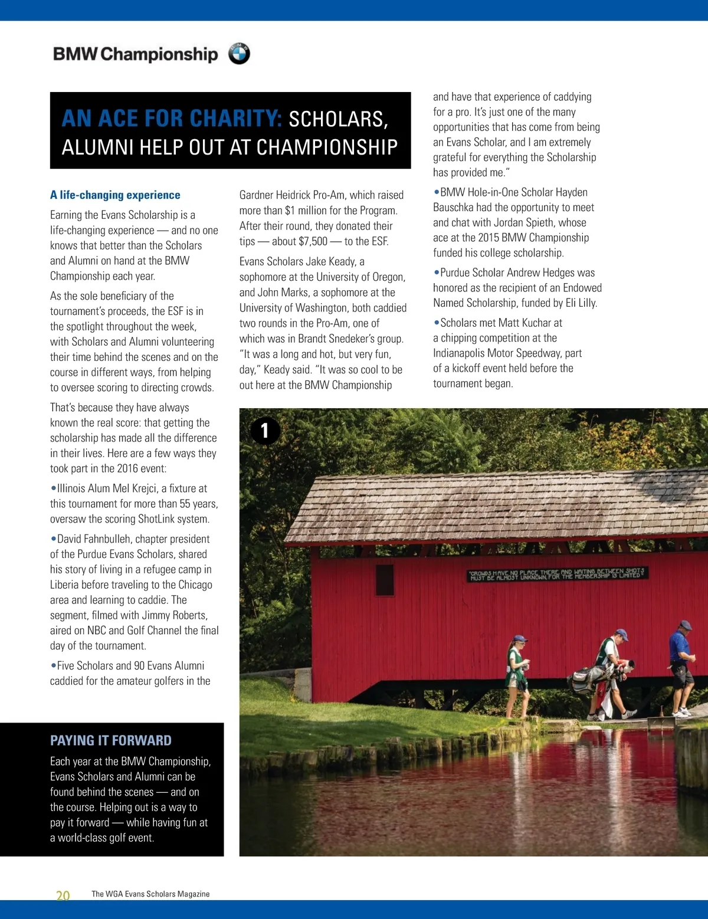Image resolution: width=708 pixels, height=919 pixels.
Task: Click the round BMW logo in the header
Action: click(x=239, y=54)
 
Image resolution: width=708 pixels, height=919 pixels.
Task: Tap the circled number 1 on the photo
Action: click(x=265, y=431)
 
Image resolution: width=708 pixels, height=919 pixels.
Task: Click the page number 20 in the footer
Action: click(x=63, y=895)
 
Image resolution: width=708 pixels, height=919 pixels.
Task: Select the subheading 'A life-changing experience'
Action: click(x=115, y=195)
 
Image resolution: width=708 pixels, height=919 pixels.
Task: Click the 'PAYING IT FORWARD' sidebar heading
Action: click(x=111, y=740)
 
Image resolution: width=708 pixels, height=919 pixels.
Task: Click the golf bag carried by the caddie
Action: click(x=593, y=677)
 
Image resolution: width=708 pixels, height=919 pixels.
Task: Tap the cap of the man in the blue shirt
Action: click(x=685, y=625)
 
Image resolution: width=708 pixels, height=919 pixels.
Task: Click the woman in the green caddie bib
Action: click(x=517, y=672)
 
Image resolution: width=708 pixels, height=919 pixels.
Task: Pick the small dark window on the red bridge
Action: click(x=385, y=579)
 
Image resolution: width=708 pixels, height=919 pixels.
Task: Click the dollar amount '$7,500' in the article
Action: click(x=313, y=241)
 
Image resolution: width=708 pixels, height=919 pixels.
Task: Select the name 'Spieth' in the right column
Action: click(x=572, y=222)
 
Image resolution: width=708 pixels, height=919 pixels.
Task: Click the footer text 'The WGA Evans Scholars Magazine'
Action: click(x=150, y=894)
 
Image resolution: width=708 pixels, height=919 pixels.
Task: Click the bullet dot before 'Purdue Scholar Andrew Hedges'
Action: click(x=436, y=273)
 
